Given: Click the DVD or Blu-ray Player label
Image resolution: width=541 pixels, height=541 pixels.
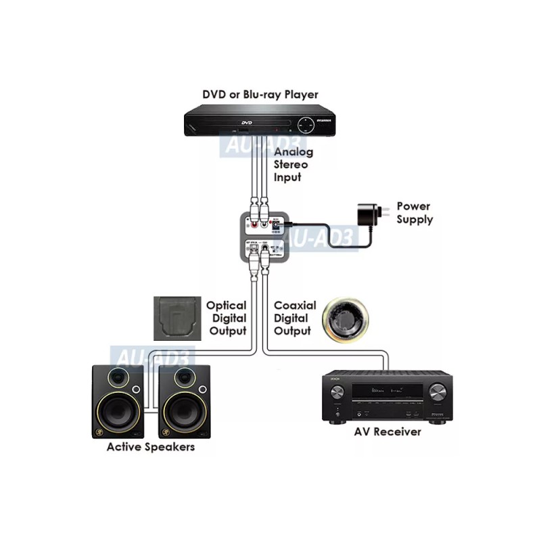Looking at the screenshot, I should (x=260, y=95).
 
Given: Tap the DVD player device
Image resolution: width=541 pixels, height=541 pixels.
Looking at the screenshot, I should (x=260, y=123).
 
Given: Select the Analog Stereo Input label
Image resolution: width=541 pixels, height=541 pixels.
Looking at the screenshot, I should (x=290, y=165).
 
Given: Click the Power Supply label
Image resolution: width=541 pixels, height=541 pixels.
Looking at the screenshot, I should (x=414, y=212).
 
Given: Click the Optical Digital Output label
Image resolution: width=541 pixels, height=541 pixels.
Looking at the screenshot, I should (x=226, y=319).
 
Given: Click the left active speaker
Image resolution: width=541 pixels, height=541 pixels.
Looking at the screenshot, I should (x=118, y=402).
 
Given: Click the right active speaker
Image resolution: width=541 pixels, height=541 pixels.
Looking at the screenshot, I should (x=185, y=402).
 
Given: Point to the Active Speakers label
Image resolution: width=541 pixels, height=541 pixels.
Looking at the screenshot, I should (x=151, y=447).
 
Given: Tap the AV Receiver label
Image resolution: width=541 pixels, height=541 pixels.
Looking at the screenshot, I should (x=387, y=431).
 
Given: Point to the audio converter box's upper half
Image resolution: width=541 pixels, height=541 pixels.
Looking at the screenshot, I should (x=264, y=223).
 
